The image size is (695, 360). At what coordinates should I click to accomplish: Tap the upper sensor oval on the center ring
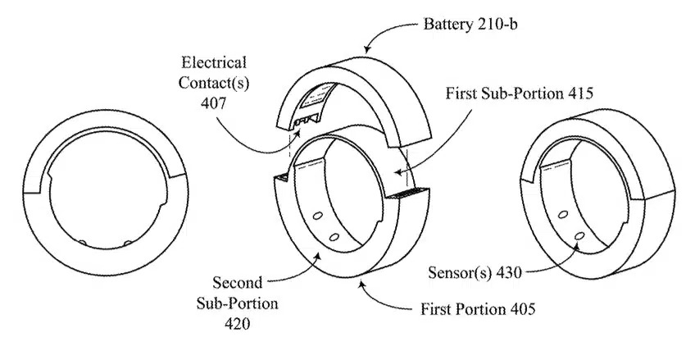coord(316,218)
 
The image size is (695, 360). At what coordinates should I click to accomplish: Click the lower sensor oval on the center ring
coord(334,236)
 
